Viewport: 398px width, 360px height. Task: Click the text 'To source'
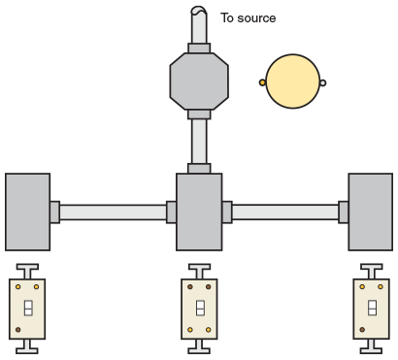(x=248, y=17)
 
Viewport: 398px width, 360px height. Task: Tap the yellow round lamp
(x=292, y=82)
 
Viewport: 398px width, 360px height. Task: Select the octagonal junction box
(x=198, y=82)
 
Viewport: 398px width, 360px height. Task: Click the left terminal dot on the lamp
(x=262, y=82)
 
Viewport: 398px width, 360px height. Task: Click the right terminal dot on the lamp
(x=323, y=82)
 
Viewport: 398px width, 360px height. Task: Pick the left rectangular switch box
(x=27, y=212)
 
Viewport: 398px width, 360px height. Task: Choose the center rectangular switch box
(x=198, y=212)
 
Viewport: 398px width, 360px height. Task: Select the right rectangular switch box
(x=370, y=212)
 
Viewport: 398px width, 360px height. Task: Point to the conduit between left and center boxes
(x=113, y=212)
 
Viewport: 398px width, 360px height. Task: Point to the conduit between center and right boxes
(x=284, y=212)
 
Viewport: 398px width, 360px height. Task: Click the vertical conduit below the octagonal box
(x=198, y=141)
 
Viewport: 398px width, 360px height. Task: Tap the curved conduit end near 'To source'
(x=198, y=14)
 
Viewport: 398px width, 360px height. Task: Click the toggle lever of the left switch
(x=27, y=309)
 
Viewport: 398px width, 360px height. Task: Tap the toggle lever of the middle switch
(x=199, y=309)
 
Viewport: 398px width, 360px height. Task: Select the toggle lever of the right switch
(x=371, y=309)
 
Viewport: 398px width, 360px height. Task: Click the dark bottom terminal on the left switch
(x=17, y=331)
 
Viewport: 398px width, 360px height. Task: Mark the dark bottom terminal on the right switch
(x=361, y=331)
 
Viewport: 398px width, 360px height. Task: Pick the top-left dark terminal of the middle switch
(x=189, y=287)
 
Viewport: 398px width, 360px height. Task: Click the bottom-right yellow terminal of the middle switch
(x=210, y=331)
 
